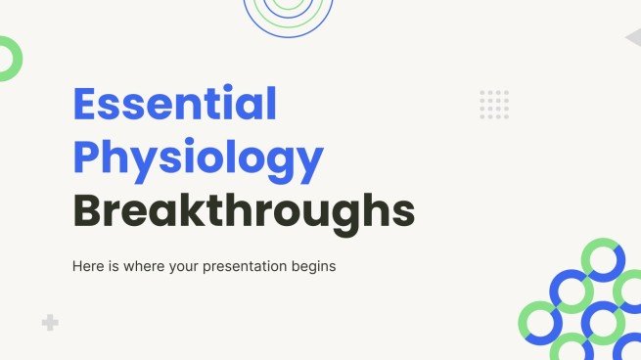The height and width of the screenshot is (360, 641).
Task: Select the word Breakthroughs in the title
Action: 244,210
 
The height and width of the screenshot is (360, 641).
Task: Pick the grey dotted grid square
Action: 494,104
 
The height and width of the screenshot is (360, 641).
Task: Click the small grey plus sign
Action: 50,323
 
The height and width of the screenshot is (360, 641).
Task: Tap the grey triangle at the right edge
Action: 633,37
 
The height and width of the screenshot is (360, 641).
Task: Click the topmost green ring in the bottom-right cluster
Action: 602,260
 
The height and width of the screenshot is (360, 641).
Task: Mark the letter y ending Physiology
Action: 310,164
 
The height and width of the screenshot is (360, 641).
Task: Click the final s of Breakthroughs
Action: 402,212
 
